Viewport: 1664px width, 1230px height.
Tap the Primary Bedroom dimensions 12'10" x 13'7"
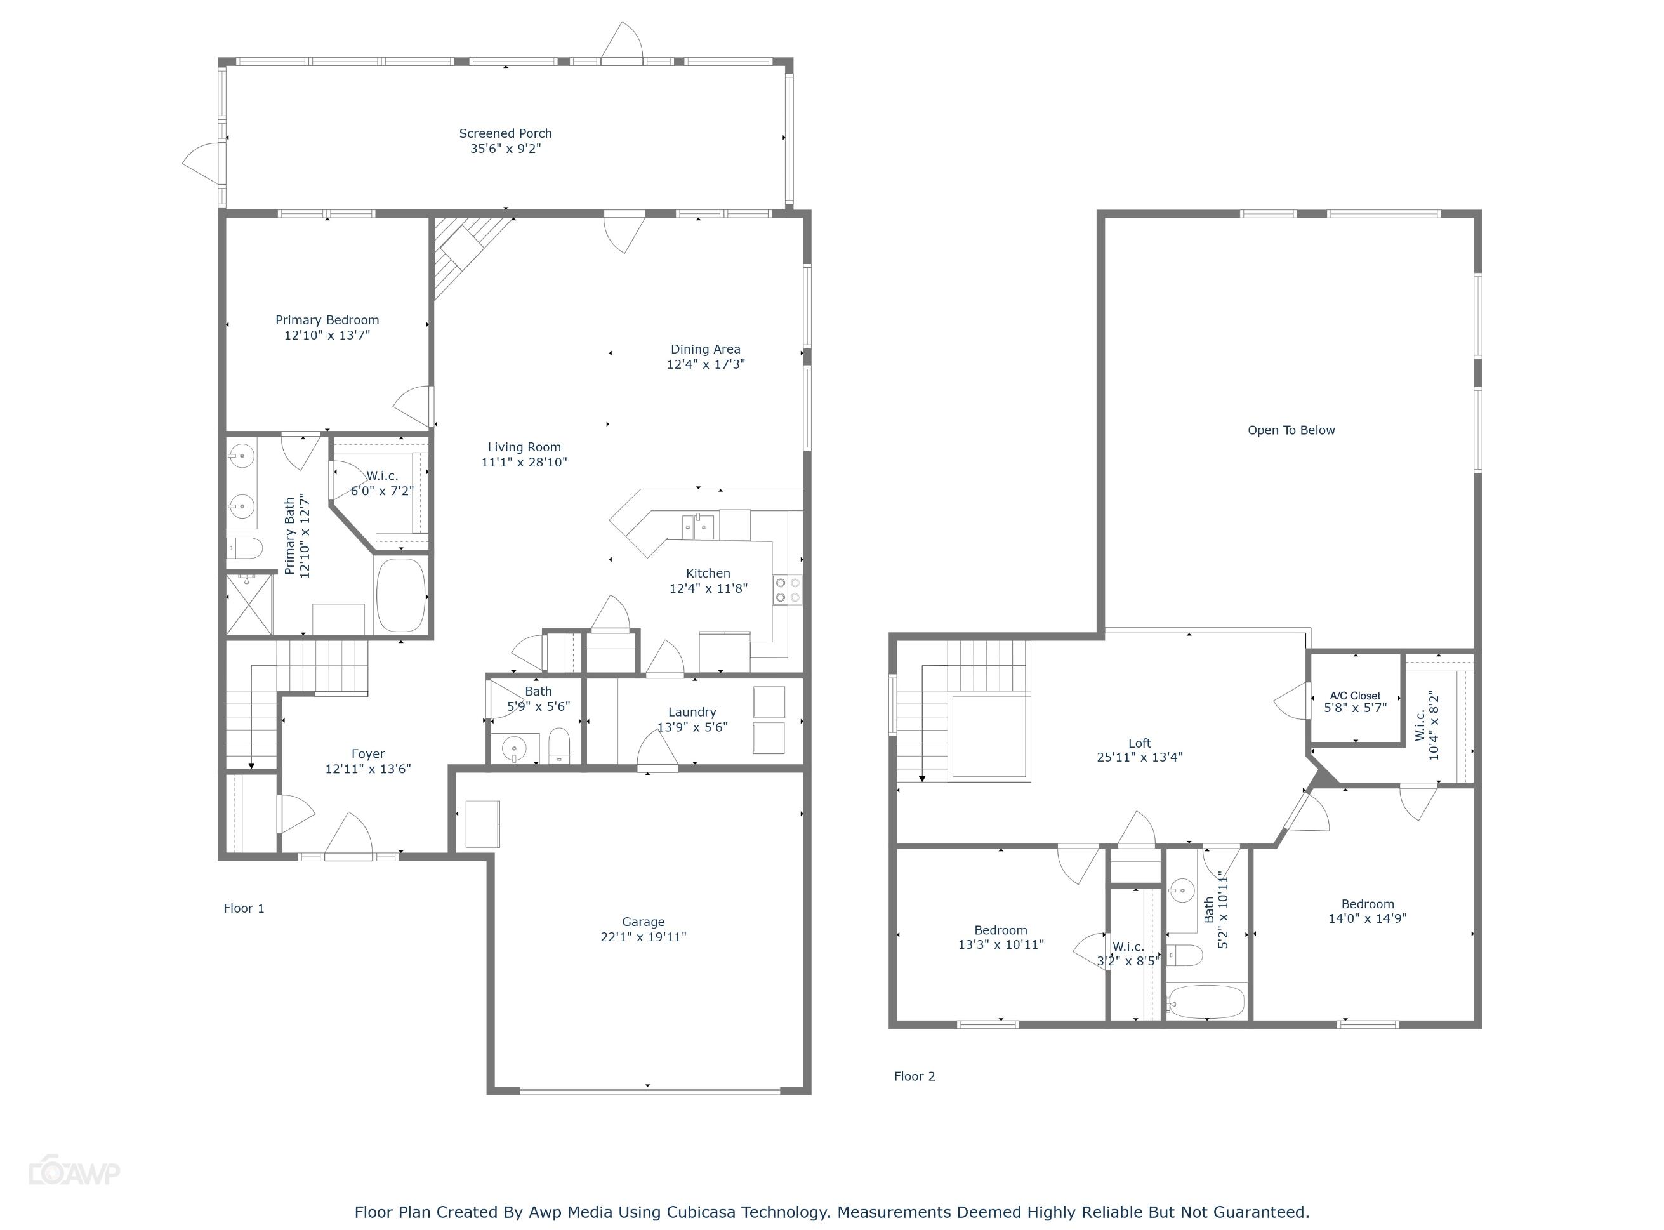click(x=327, y=336)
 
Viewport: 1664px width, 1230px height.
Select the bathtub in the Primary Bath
click(x=400, y=595)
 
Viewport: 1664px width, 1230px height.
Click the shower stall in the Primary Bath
click(x=249, y=603)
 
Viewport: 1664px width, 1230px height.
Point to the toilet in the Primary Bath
click(x=244, y=550)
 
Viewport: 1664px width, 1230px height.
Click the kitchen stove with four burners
click(x=787, y=590)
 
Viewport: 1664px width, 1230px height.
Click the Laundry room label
click(x=692, y=713)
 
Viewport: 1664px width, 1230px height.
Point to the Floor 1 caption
click(x=244, y=908)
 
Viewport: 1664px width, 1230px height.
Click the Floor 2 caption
click(x=915, y=1076)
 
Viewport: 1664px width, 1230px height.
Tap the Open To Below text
click(x=1291, y=430)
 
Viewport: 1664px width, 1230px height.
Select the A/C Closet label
click(x=1355, y=696)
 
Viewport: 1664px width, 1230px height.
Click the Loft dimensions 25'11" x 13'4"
click(x=1139, y=757)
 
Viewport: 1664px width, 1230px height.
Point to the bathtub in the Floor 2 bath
click(x=1206, y=1002)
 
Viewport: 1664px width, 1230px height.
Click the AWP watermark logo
click(x=74, y=1173)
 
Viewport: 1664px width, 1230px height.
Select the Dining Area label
click(x=705, y=349)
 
